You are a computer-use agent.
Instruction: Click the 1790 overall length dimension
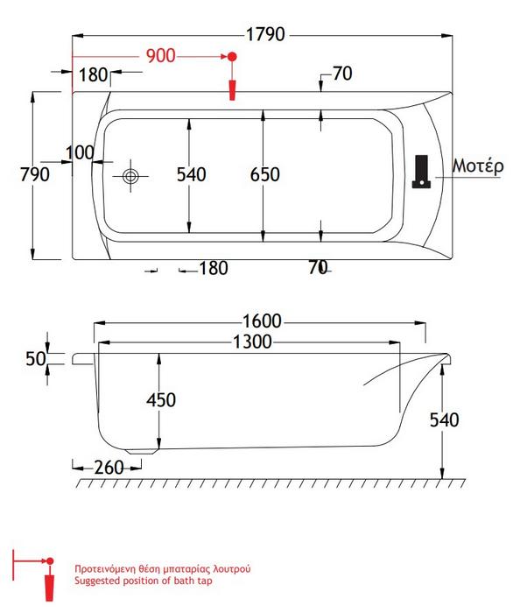(265, 34)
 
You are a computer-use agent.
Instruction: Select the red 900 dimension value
(160, 56)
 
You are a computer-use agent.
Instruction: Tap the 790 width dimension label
(35, 174)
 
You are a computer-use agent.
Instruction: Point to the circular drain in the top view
(130, 176)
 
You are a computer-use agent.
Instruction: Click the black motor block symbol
(422, 172)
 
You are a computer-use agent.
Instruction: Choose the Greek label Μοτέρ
(478, 166)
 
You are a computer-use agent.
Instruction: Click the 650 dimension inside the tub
(265, 174)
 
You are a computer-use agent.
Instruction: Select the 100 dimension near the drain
(80, 153)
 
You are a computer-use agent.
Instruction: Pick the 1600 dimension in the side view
(262, 321)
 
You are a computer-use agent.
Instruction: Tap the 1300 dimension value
(252, 342)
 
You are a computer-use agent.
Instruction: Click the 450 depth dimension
(161, 400)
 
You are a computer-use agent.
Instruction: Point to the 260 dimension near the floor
(109, 468)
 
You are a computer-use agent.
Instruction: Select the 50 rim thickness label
(36, 358)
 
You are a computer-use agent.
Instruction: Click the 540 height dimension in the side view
(444, 419)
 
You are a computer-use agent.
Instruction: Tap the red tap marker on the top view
(232, 90)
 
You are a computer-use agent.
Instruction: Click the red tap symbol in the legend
(49, 588)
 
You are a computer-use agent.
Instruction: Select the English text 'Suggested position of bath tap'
(144, 581)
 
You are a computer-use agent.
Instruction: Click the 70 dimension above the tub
(342, 74)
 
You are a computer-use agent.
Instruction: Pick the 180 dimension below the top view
(214, 268)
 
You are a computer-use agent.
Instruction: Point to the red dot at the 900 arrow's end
(232, 57)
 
